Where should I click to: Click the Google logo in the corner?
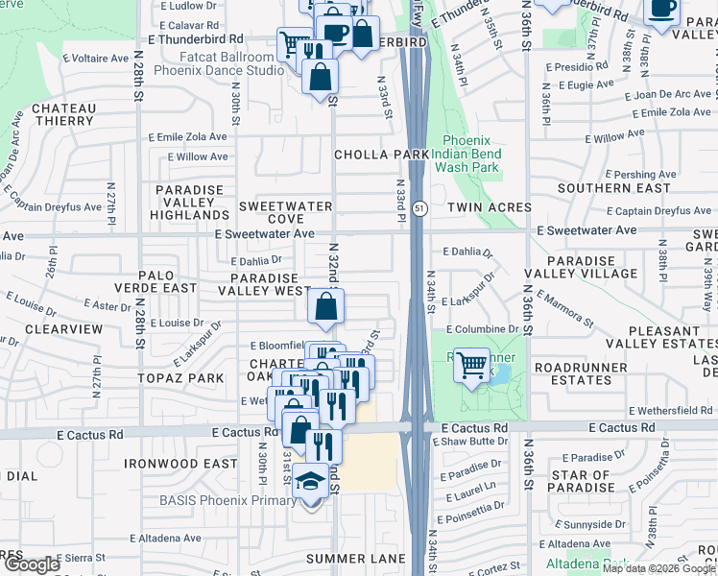[x=32, y=564]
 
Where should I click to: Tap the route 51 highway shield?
[x=419, y=207]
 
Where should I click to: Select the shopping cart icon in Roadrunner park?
[x=471, y=366]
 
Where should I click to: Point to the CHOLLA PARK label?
[x=381, y=155]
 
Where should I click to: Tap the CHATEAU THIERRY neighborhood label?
[x=63, y=115]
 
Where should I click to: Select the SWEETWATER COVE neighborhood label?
[x=285, y=212]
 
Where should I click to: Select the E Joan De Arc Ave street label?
[x=668, y=95]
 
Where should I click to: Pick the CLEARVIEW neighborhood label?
[x=63, y=328]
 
